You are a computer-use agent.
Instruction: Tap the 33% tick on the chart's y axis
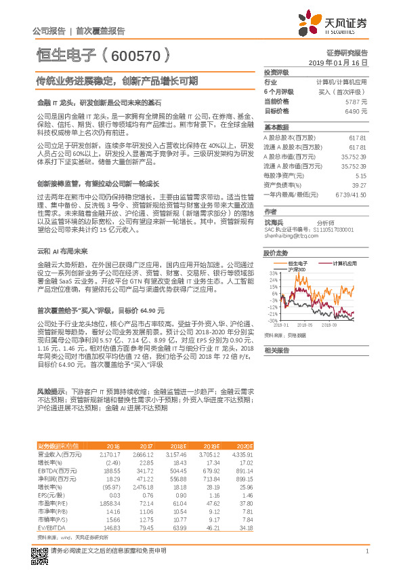pos(272,273)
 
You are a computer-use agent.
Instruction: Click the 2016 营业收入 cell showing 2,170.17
pos(109,453)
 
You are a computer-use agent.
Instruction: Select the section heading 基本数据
pos(276,127)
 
